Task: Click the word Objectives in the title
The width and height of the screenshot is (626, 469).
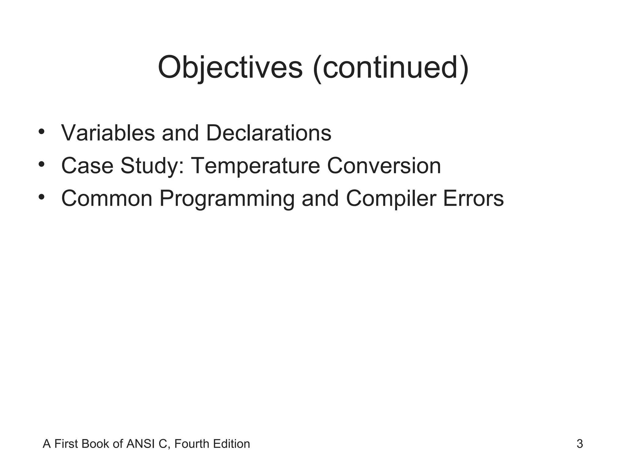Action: (230, 68)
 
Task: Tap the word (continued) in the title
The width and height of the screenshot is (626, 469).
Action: (391, 68)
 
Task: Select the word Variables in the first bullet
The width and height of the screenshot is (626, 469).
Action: (108, 133)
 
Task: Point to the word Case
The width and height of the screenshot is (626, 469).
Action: (87, 166)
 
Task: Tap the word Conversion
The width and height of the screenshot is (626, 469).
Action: (384, 166)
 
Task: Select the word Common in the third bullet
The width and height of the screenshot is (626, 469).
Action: (107, 198)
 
